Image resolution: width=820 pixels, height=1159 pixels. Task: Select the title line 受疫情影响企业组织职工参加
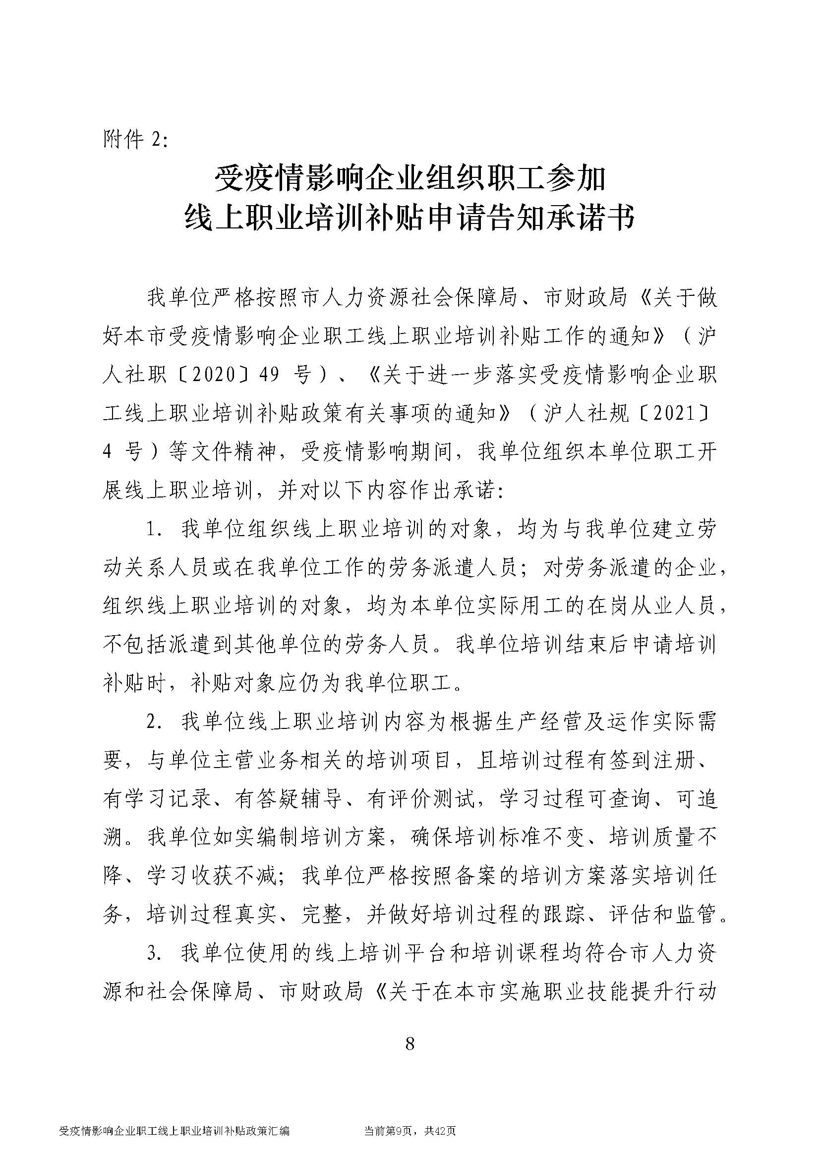(x=410, y=179)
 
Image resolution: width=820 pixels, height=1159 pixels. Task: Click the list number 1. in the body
(x=155, y=530)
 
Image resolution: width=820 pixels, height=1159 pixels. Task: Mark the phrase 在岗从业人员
(x=651, y=606)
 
